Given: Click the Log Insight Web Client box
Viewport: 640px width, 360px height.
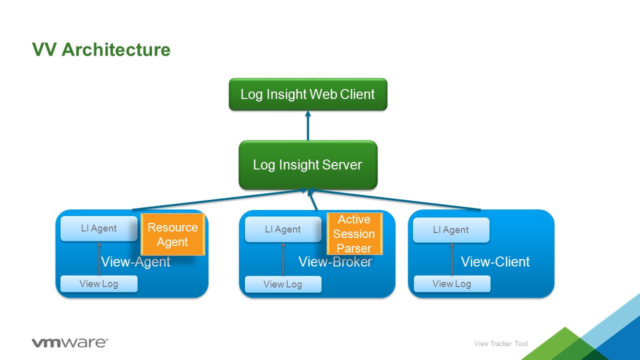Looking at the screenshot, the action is pos(308,94).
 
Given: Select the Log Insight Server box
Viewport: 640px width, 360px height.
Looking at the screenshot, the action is pos(308,165).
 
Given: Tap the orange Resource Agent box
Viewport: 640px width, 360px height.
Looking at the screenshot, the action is pos(173,234).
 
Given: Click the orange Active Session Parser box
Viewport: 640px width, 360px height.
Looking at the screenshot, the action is pos(354,233).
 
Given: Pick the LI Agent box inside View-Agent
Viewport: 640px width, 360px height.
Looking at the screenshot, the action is pos(99,228).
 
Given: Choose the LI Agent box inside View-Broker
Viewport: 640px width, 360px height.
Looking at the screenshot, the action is pos(283,229).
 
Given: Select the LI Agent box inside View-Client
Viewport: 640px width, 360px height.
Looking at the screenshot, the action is pos(451,229).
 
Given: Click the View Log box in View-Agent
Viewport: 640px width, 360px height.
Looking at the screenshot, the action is pos(99,283).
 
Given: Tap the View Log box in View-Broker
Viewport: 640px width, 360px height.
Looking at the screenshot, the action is pos(283,284).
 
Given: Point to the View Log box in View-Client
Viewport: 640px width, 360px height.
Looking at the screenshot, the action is pos(452,283).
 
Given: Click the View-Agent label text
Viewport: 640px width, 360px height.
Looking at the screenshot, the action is pos(135,261).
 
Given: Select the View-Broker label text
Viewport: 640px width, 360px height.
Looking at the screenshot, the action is pos(335,261).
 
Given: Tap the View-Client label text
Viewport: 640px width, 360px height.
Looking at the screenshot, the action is pos(495,261).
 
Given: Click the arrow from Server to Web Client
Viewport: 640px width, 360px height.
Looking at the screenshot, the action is pos(308,125).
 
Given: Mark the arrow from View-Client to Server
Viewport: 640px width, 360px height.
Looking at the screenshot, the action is pos(395,199).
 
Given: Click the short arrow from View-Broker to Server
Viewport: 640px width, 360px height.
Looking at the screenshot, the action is pos(312,199).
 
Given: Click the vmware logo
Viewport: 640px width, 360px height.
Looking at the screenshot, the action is pos(70,342).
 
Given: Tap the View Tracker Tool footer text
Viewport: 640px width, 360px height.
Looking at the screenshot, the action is pos(501,343).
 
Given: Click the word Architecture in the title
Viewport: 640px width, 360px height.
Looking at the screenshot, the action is pos(115,49).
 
